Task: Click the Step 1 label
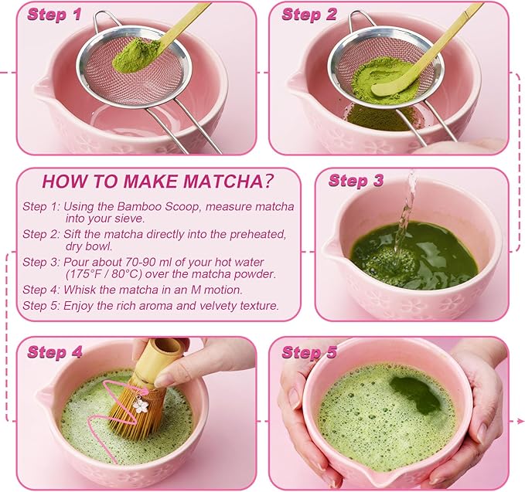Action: pyautogui.click(x=54, y=15)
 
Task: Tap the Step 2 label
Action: pyautogui.click(x=309, y=15)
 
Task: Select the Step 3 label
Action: pyautogui.click(x=356, y=182)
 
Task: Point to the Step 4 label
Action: pyautogui.click(x=55, y=352)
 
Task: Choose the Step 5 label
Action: pyautogui.click(x=309, y=352)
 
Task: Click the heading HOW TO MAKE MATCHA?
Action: pyautogui.click(x=159, y=182)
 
